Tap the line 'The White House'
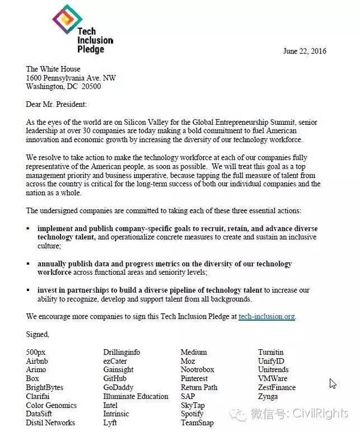click(x=53, y=69)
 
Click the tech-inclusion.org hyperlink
click(x=266, y=316)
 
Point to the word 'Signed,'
click(x=38, y=334)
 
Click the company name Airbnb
click(x=37, y=361)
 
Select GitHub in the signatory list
click(x=115, y=379)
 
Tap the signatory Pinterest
click(x=194, y=379)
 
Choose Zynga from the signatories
click(x=268, y=397)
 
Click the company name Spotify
click(x=192, y=414)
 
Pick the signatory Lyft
click(x=110, y=423)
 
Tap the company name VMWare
click(x=272, y=379)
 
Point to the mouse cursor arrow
click(x=332, y=383)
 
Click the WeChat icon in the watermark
click(x=240, y=413)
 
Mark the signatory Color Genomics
click(x=51, y=405)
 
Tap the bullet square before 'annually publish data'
click(x=28, y=264)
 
